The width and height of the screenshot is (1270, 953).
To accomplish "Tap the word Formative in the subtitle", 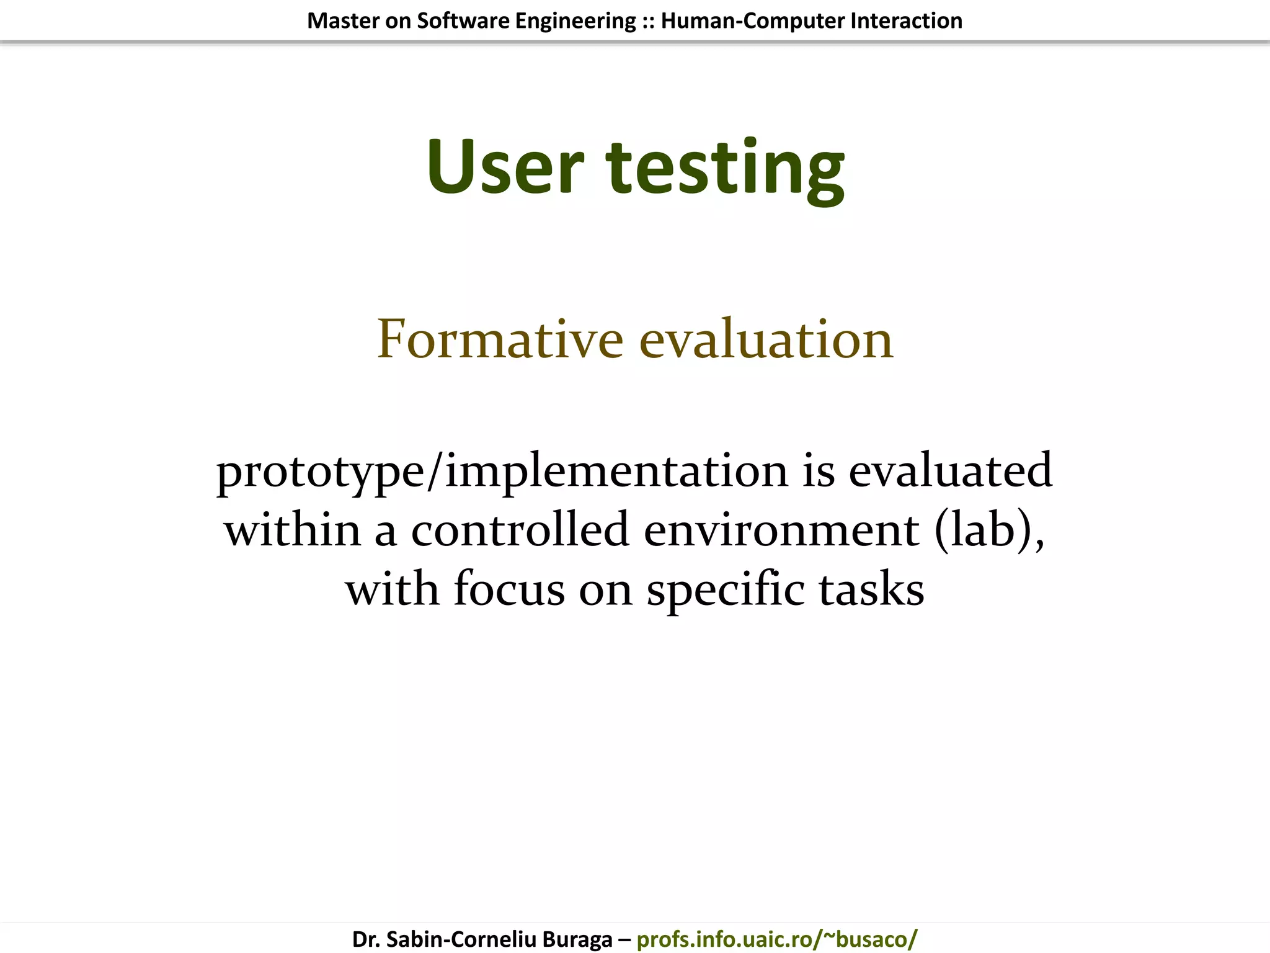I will click(500, 339).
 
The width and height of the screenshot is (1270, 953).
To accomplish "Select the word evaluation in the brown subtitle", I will click(766, 339).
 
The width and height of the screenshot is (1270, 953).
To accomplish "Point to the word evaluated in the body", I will click(950, 470).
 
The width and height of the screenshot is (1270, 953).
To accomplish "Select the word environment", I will click(781, 531).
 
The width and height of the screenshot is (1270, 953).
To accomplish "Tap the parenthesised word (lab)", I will click(988, 530).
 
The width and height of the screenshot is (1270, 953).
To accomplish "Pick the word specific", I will click(725, 589).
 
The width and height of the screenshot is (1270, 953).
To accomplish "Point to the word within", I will click(292, 530).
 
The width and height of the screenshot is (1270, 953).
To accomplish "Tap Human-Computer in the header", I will click(753, 21).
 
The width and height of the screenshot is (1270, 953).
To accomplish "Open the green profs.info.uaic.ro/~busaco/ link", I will click(776, 939).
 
